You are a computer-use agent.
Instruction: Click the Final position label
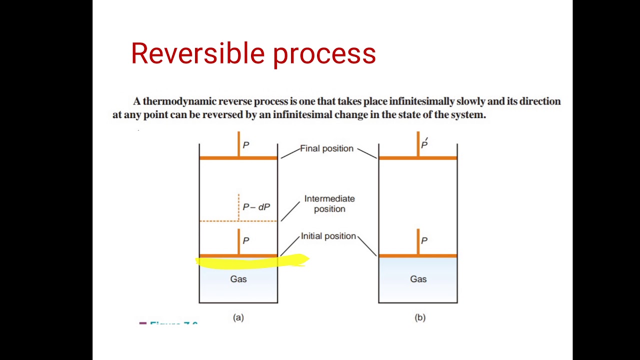tap(326, 148)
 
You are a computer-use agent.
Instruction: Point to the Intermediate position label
tap(329, 203)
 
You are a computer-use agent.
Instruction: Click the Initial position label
tap(328, 236)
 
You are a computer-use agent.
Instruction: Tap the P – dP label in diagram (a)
tap(256, 207)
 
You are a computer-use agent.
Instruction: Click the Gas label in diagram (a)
tap(238, 279)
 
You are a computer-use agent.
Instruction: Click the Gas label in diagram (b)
tap(418, 279)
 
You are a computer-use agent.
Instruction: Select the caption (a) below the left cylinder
tap(238, 317)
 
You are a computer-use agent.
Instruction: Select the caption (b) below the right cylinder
tap(420, 317)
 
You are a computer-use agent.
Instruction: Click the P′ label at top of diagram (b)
tap(424, 144)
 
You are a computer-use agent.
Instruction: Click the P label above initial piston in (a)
tap(245, 240)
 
